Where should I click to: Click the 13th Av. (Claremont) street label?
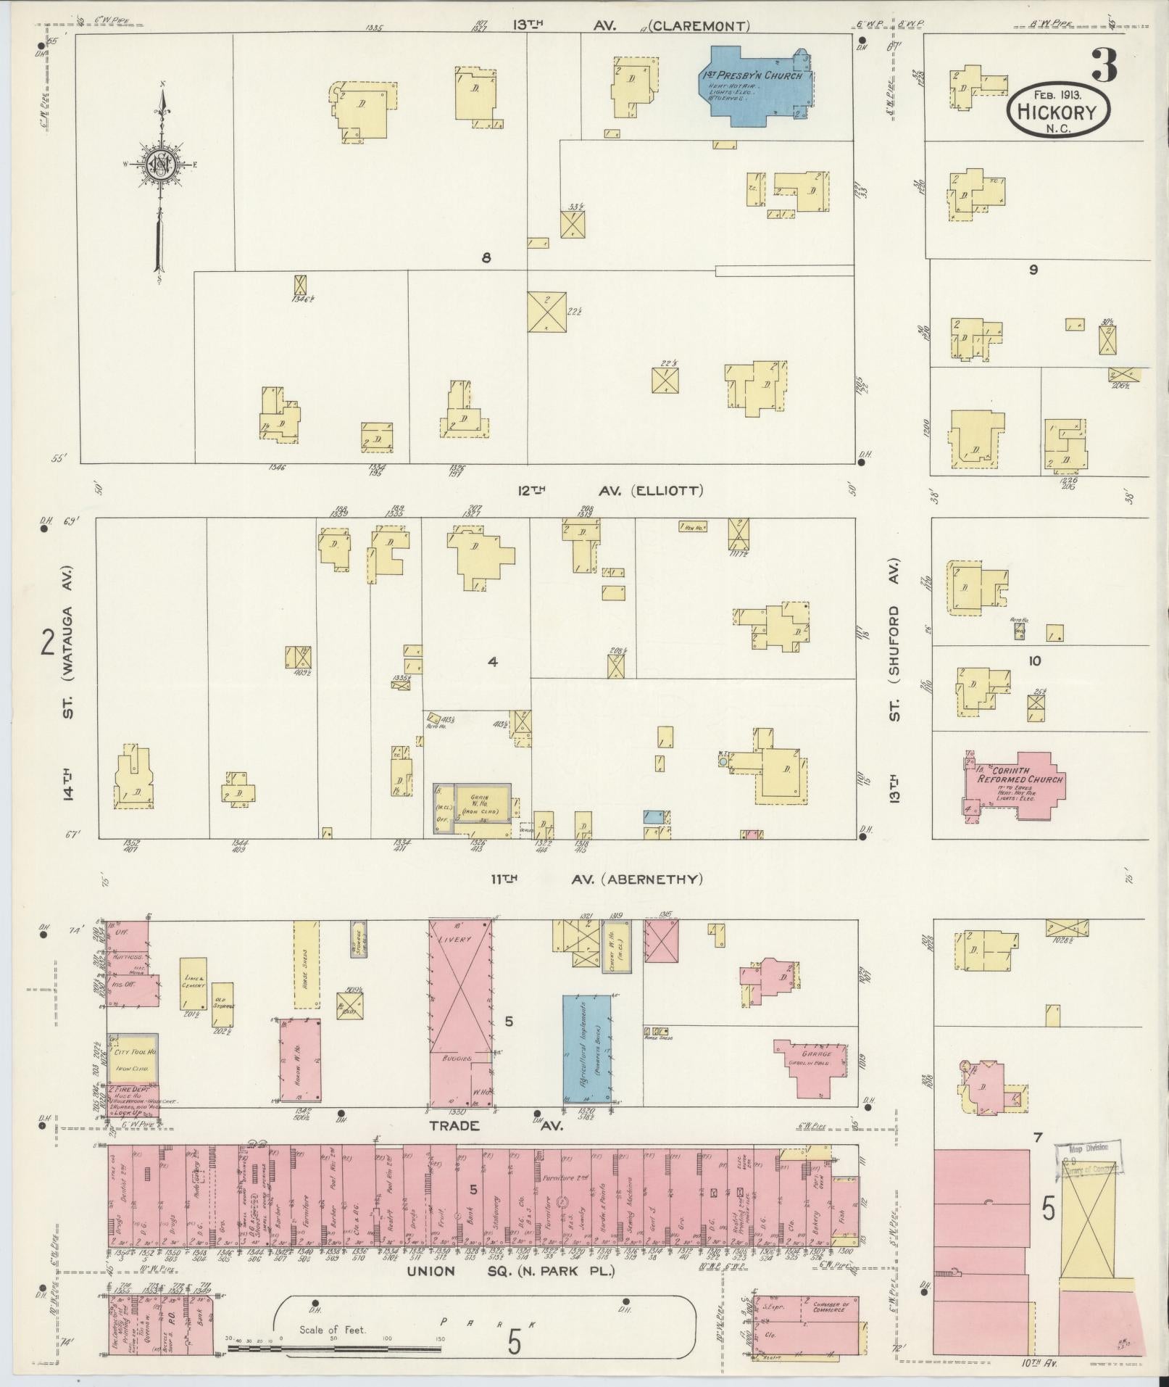tap(631, 26)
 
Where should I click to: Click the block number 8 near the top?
tap(486, 258)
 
